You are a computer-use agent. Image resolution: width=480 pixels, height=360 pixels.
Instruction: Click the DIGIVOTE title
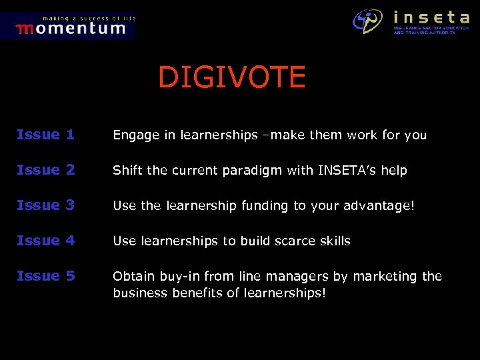(231, 78)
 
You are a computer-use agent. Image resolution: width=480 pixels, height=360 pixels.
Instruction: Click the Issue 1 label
(45, 135)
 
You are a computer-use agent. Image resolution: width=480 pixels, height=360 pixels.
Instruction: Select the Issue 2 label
(45, 170)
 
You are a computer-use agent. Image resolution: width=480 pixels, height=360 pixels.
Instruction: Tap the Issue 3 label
(45, 205)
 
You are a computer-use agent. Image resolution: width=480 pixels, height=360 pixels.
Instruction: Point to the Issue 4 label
(45, 241)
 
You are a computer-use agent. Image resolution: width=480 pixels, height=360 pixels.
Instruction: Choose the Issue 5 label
(45, 276)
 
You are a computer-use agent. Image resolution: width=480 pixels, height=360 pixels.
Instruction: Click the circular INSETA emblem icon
(368, 21)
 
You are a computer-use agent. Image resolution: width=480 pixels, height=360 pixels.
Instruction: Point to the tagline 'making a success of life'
(89, 18)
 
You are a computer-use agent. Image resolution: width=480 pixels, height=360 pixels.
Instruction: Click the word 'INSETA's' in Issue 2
(341, 171)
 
